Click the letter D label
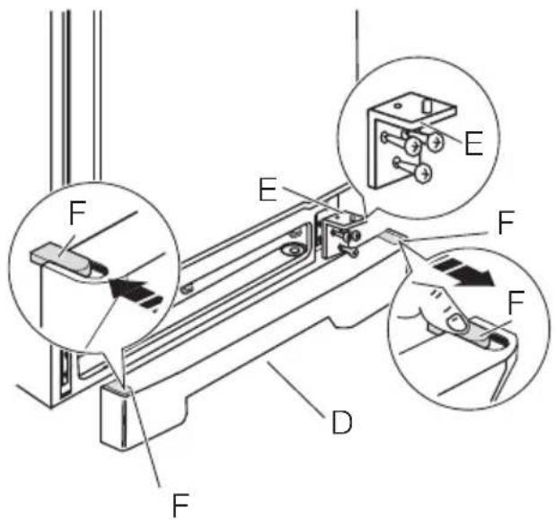click(x=342, y=422)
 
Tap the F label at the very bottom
click(x=181, y=504)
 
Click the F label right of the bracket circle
click(x=506, y=223)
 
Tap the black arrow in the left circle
click(x=136, y=293)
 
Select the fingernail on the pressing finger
click(x=456, y=323)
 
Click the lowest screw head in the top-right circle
click(x=424, y=174)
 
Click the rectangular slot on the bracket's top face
click(x=428, y=105)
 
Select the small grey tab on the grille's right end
click(x=393, y=234)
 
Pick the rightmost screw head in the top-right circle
click(x=436, y=142)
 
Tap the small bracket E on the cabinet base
click(x=340, y=233)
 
